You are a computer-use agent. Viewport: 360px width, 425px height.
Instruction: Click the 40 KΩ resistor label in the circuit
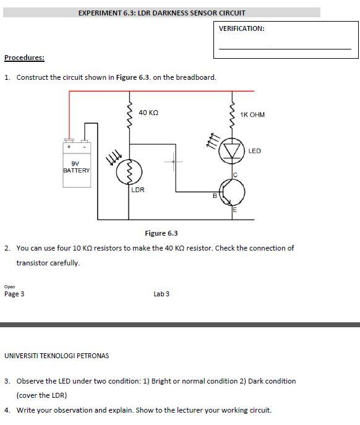tap(148, 113)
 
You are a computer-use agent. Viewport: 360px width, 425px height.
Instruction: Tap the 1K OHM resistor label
tap(252, 114)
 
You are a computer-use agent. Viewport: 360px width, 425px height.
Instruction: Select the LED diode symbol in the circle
tap(233, 151)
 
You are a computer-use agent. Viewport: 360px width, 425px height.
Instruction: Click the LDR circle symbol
tap(129, 171)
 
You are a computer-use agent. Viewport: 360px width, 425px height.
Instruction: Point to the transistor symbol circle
tap(233, 194)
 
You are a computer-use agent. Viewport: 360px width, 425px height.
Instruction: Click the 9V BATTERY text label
tap(76, 167)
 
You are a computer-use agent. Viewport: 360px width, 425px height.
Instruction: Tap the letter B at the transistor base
tap(215, 196)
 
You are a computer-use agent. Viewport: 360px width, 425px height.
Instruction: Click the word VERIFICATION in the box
tap(241, 28)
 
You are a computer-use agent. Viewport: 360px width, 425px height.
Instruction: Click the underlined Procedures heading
tap(24, 58)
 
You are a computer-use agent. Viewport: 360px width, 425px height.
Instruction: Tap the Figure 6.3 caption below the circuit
tap(161, 233)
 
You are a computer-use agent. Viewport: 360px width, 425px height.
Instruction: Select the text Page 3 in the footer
tap(14, 294)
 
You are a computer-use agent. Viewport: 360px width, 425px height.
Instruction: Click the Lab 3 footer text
tap(161, 294)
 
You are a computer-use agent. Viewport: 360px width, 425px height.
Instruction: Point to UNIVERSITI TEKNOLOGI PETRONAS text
tap(56, 356)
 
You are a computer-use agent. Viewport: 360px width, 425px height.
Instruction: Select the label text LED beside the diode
tap(254, 151)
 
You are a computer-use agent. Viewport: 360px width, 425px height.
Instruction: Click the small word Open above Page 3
tap(9, 286)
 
